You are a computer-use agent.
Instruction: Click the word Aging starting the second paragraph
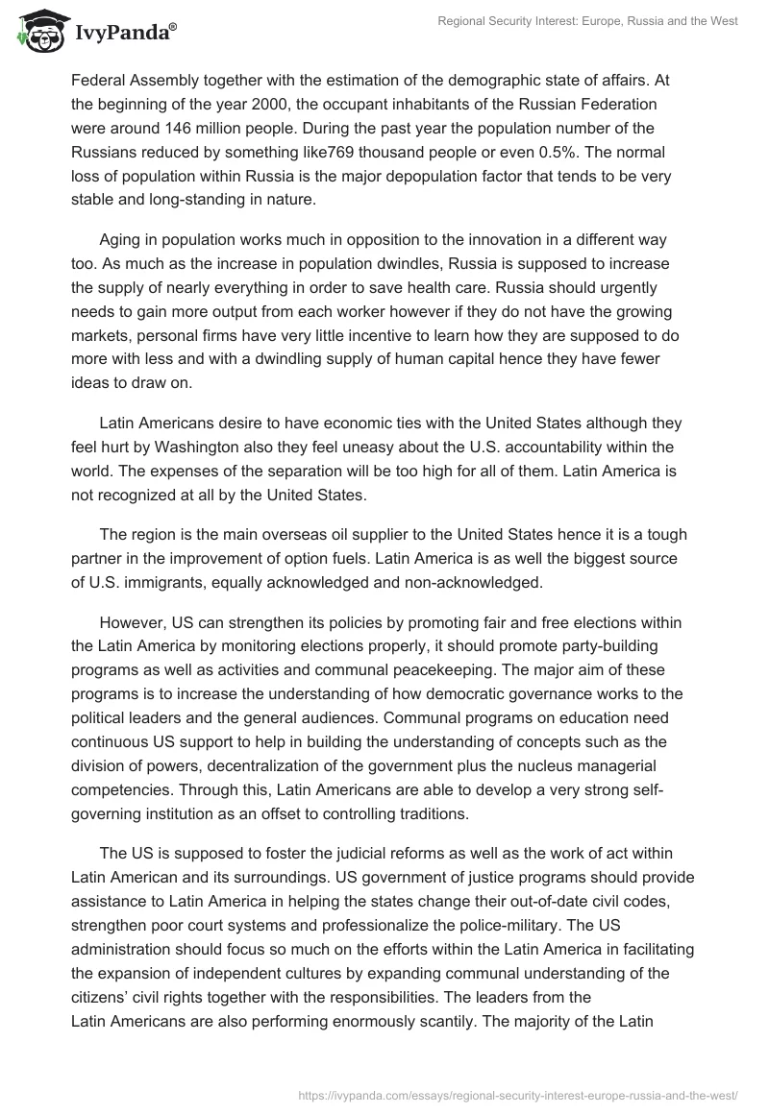click(x=122, y=239)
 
